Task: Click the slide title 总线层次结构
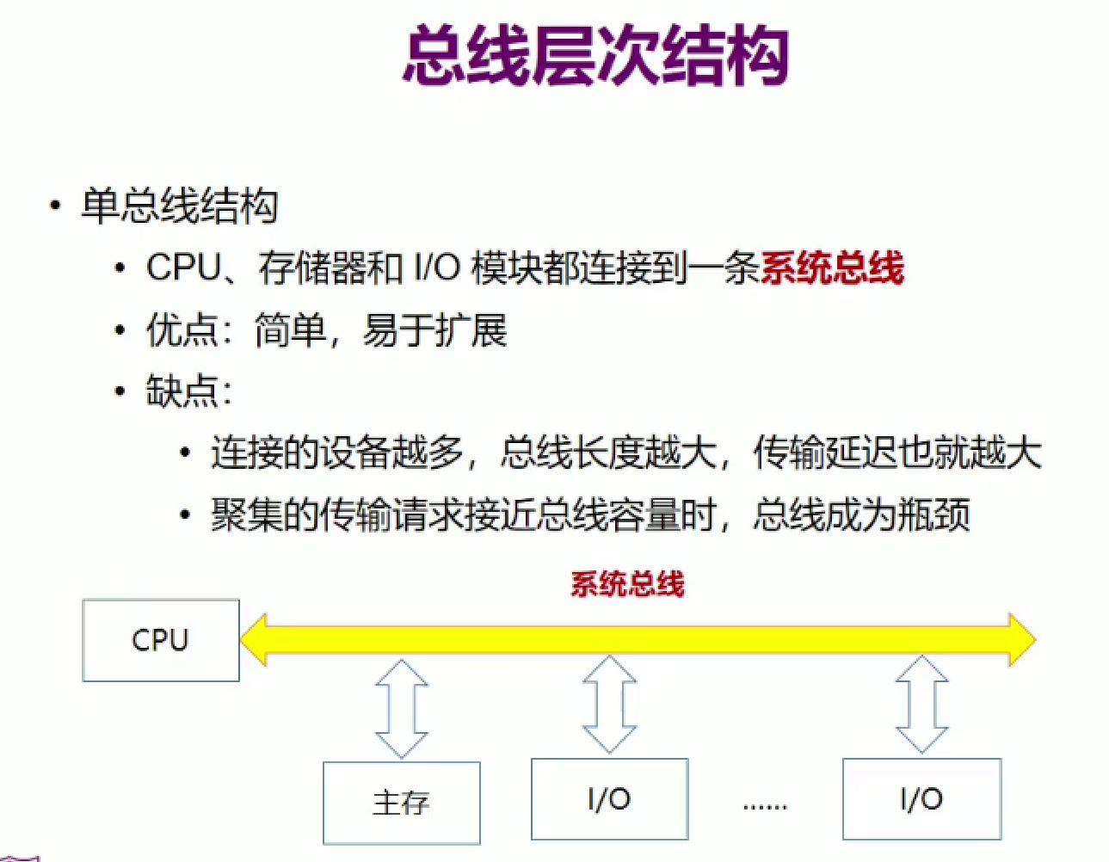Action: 595,57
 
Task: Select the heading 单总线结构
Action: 180,206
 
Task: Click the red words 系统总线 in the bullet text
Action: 832,267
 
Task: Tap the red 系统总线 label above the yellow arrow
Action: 627,584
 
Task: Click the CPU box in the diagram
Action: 161,640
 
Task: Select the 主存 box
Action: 402,803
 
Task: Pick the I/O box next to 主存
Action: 610,798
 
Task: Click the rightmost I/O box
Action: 921,798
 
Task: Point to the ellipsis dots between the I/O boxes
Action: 765,807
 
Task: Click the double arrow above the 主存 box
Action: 402,709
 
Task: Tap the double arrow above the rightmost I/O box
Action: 921,705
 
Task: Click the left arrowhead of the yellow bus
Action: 254,639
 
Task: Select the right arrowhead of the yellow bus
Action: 1022,639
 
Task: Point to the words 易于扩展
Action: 434,330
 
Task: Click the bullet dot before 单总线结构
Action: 55,206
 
